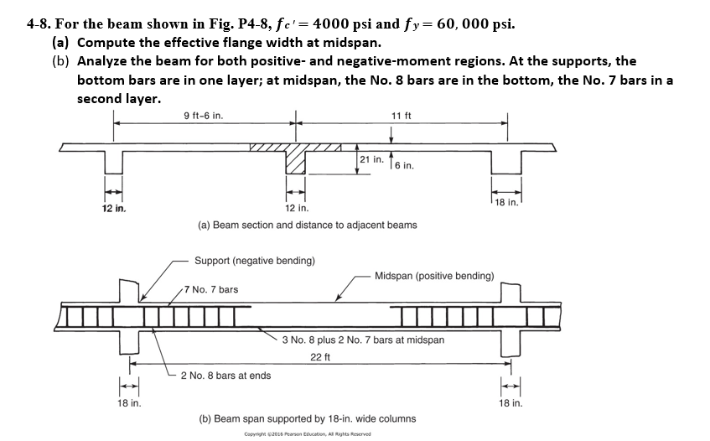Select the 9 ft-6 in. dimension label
coord(203,115)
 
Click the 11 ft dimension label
coord(402,115)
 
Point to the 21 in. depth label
coord(371,159)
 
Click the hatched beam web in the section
coord(296,158)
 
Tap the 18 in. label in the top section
coord(506,201)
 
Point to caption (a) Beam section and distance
coord(307,225)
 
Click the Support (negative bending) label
coord(255,261)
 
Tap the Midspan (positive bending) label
coord(434,275)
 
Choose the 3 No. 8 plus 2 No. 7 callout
coord(363,340)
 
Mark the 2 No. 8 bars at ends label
coord(225,375)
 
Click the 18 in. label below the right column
coord(510,402)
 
